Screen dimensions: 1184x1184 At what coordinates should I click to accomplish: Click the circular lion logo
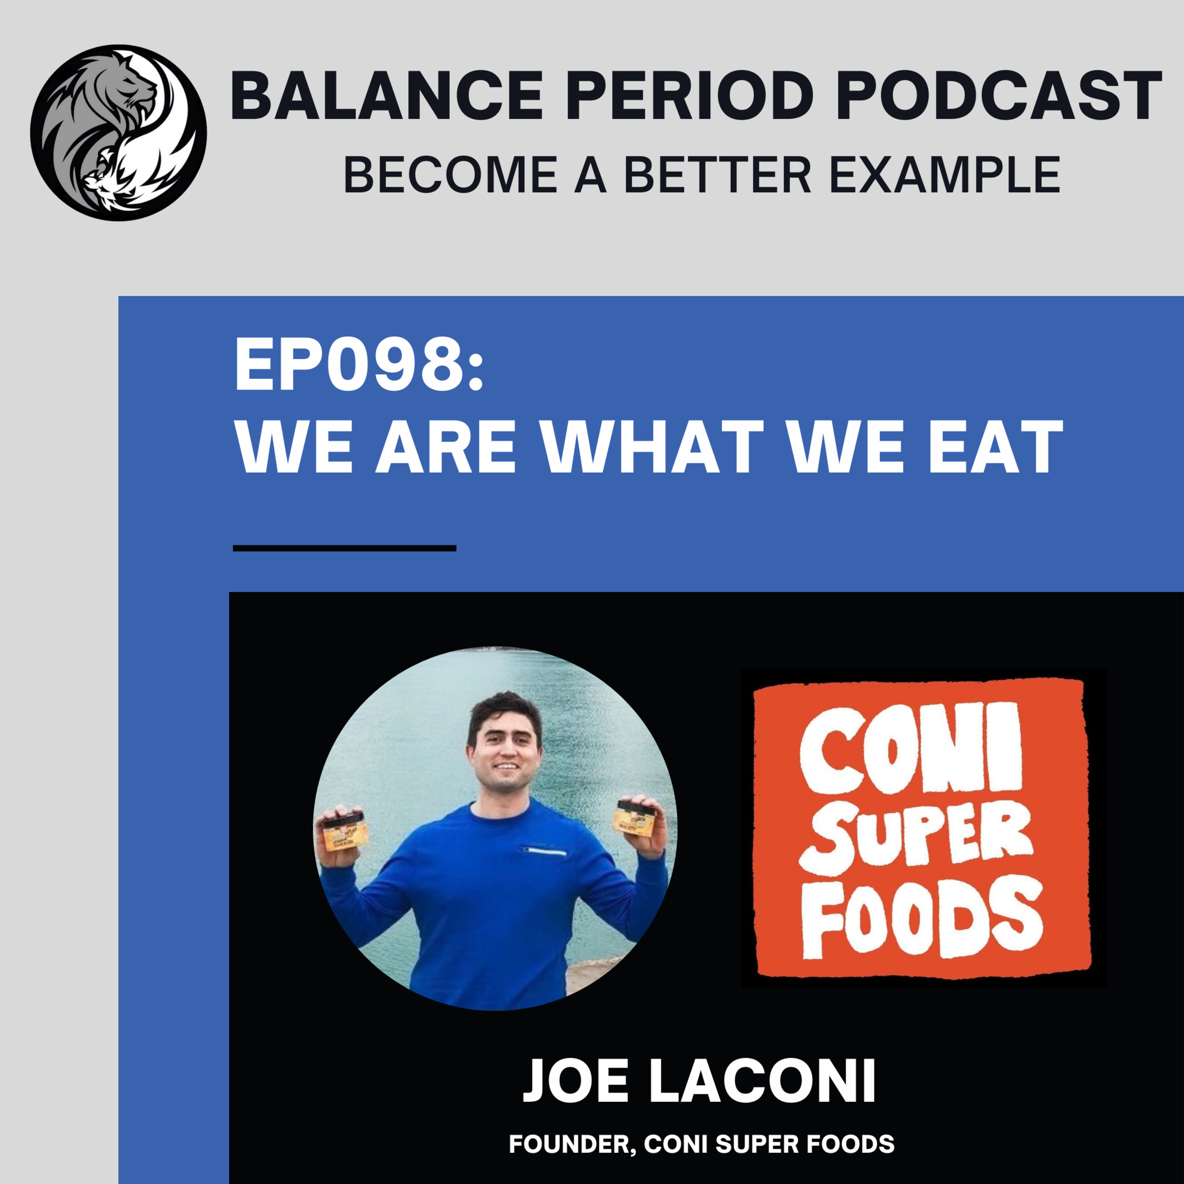(x=118, y=132)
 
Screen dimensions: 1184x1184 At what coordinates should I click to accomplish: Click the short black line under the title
(x=345, y=548)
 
